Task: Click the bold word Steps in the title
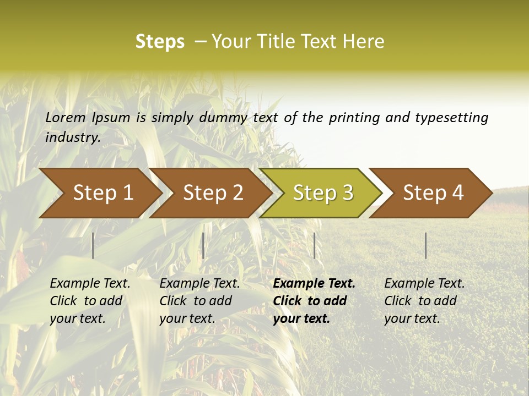tap(160, 41)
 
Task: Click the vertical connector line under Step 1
tap(93, 245)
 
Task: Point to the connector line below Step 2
tap(203, 245)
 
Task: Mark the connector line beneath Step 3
tap(314, 245)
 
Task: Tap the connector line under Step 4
tap(426, 245)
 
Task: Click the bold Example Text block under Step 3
tap(314, 301)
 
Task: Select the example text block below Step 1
tap(90, 301)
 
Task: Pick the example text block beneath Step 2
tap(199, 301)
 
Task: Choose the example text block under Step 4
tap(424, 301)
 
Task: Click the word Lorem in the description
tap(66, 117)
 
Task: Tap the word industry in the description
tap(73, 137)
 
